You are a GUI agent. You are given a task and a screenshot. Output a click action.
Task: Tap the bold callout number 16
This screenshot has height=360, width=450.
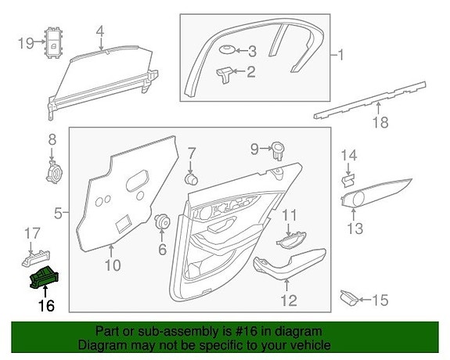[x=46, y=306]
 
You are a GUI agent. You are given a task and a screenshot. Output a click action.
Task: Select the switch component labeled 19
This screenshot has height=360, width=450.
[x=54, y=43]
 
